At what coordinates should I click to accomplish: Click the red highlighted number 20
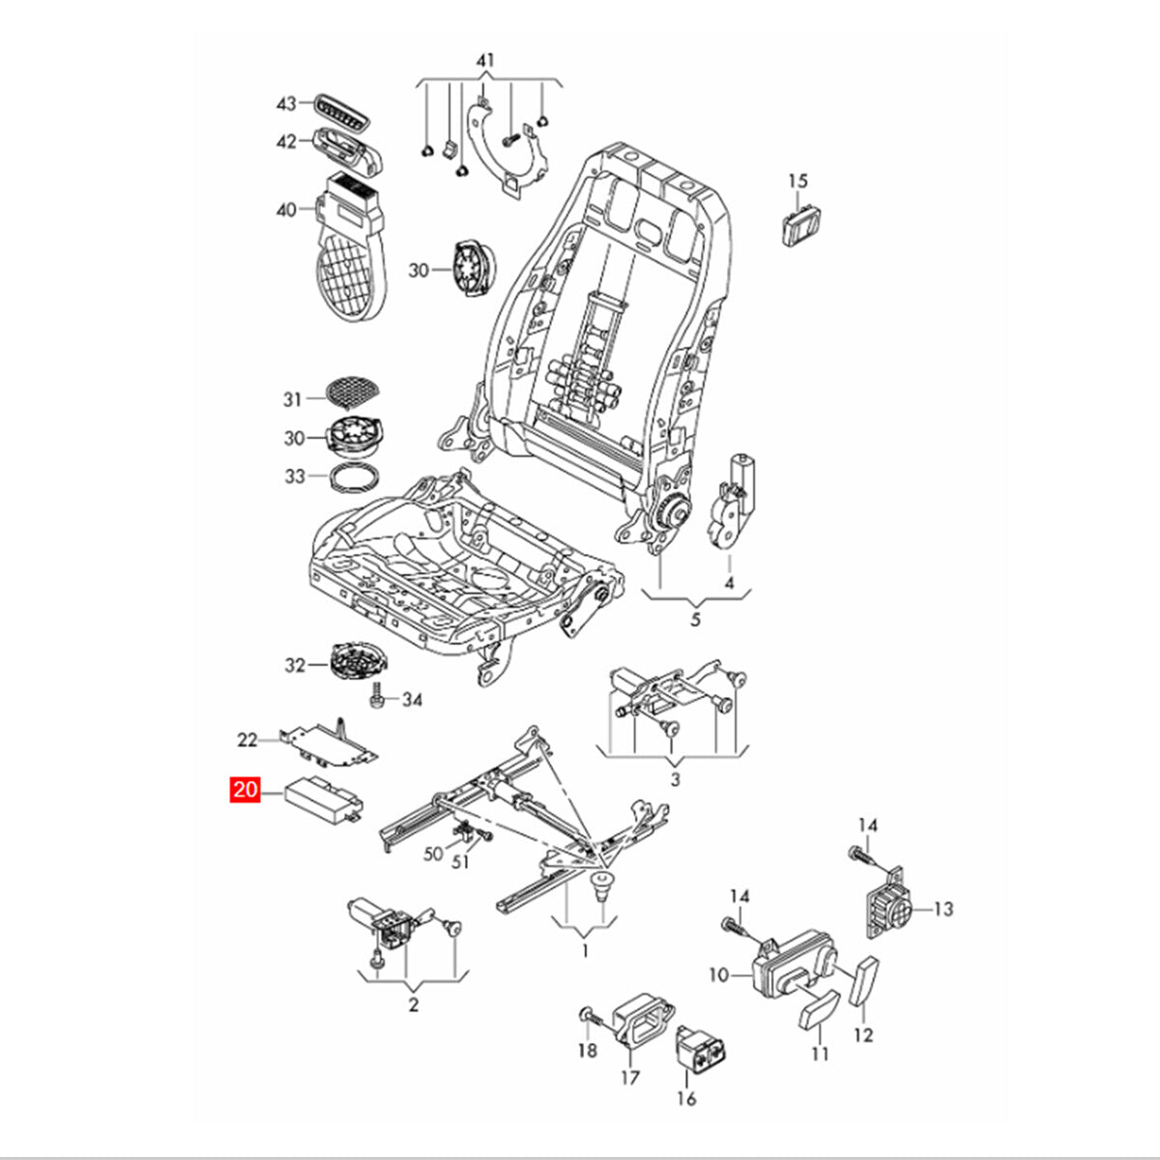coord(246,791)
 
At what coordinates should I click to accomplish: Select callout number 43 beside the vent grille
coord(286,102)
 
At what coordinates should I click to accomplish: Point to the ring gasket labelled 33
coord(356,478)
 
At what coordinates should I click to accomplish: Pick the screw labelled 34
coord(378,694)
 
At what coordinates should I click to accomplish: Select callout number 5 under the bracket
coord(695,620)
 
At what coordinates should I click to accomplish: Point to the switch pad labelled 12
coord(865,981)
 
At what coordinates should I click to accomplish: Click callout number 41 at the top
coord(485,61)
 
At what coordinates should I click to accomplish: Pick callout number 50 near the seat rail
coord(433,854)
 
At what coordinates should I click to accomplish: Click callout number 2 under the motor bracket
coord(413,1005)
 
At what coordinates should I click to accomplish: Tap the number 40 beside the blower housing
coord(286,209)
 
